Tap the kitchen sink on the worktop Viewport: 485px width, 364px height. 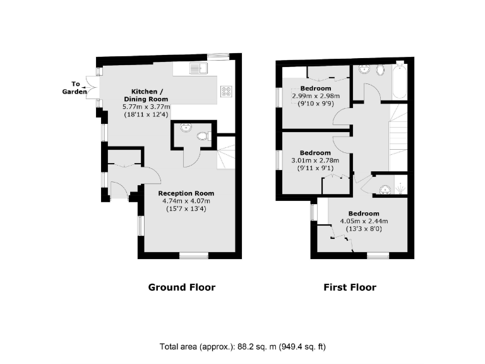[196, 68]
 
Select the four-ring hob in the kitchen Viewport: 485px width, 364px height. [226, 92]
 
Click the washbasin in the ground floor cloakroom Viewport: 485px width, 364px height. [184, 129]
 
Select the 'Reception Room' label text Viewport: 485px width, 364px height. [186, 193]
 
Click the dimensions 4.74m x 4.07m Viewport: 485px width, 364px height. [186, 201]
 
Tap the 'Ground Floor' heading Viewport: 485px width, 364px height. [181, 288]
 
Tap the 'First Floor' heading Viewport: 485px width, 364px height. [349, 288]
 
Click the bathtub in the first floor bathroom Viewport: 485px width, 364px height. [399, 82]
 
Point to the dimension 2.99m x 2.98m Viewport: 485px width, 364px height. [316, 95]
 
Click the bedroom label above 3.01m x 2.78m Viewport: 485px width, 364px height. [315, 153]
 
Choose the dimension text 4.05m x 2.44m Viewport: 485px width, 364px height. [364, 221]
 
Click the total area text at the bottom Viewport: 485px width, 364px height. [242, 347]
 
